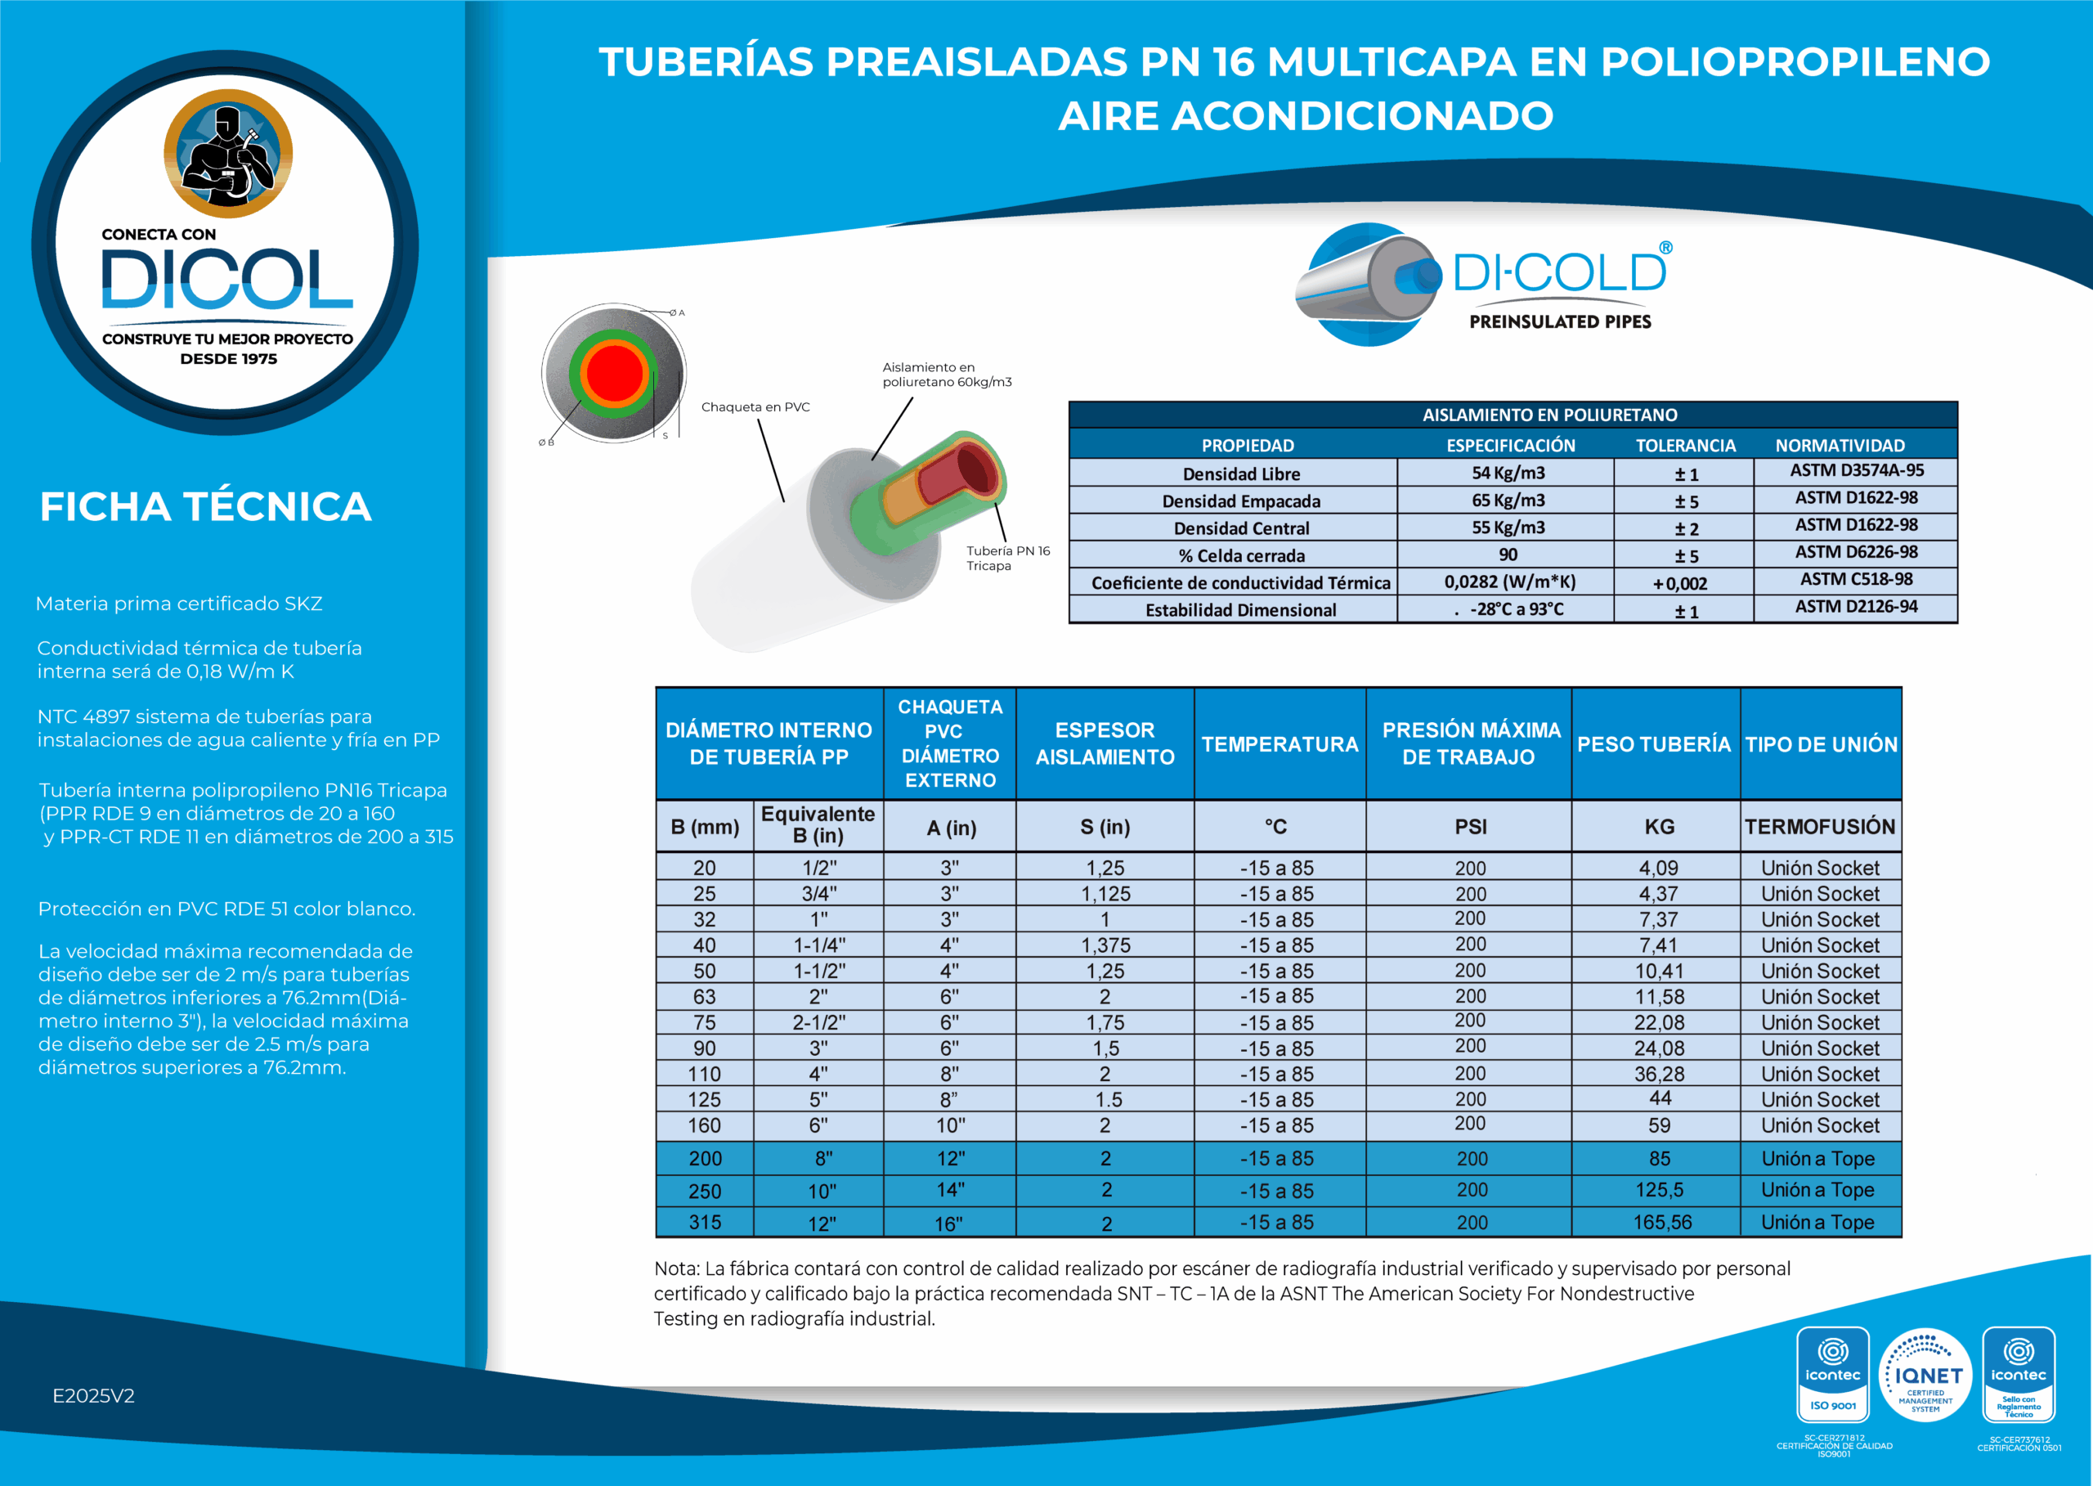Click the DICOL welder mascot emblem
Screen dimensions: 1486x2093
228,153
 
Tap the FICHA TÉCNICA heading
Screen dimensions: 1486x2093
206,506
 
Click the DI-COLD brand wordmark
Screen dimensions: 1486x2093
1561,272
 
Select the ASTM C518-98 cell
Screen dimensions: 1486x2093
1856,579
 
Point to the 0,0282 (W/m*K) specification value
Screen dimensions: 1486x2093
1509,582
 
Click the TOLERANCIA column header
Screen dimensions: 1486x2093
1685,446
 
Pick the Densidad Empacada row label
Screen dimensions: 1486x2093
1240,501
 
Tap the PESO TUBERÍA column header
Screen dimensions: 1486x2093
1654,744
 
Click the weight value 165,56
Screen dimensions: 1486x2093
1662,1223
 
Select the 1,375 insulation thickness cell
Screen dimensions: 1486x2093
1105,945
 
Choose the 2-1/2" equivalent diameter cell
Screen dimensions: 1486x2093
818,1023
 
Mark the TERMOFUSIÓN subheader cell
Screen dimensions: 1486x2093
1819,827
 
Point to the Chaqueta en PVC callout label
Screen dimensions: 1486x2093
755,407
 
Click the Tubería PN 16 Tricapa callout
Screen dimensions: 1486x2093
1008,558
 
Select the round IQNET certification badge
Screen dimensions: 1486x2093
1925,1376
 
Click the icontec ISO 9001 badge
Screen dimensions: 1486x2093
1832,1376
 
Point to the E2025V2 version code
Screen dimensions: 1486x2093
93,1396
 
